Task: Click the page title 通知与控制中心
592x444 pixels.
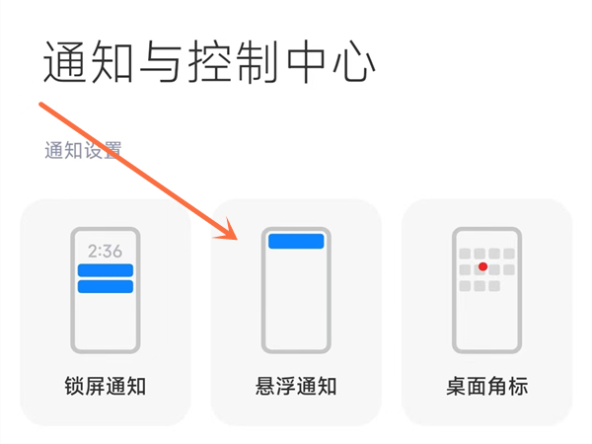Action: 209,61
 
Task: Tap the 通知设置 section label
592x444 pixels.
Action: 83,150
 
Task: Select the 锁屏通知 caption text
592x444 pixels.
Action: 106,386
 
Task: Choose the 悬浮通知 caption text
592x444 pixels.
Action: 296,386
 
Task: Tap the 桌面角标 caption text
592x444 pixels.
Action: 487,386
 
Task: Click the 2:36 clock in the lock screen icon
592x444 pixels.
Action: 105,251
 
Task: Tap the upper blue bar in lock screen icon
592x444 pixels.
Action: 106,270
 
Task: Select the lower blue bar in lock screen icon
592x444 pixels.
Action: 106,286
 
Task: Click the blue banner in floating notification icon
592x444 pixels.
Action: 296,242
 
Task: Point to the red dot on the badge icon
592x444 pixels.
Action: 482,267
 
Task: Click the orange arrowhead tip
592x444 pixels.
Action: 237,240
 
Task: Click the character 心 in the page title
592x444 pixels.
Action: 354,62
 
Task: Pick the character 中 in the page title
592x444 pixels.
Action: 306,61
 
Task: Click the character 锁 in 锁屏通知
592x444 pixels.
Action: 74,386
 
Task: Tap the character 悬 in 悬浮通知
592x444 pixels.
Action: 265,386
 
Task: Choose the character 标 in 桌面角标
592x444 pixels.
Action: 518,386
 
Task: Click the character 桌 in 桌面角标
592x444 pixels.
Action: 457,386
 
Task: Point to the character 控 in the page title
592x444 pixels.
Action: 210,61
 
